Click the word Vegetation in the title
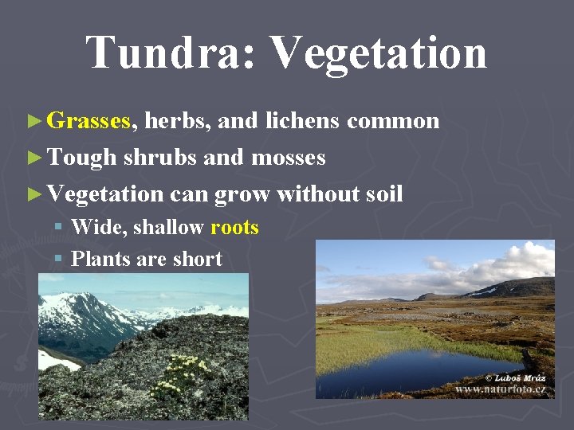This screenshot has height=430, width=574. point(379,53)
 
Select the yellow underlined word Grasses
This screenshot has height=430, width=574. point(88,121)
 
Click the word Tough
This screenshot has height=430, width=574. point(81,158)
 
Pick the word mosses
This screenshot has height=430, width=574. point(288,158)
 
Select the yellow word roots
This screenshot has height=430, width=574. point(234,228)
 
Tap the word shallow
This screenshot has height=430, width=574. point(168,228)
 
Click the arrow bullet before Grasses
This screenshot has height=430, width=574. point(33,121)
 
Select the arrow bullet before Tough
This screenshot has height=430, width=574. point(33,158)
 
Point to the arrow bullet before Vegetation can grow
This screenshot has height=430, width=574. point(33,193)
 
